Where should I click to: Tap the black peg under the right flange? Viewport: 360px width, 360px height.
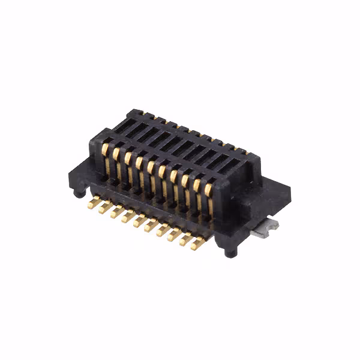(230, 253)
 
